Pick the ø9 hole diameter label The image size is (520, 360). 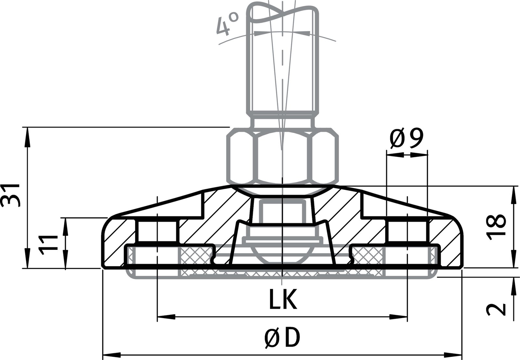coord(407,139)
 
